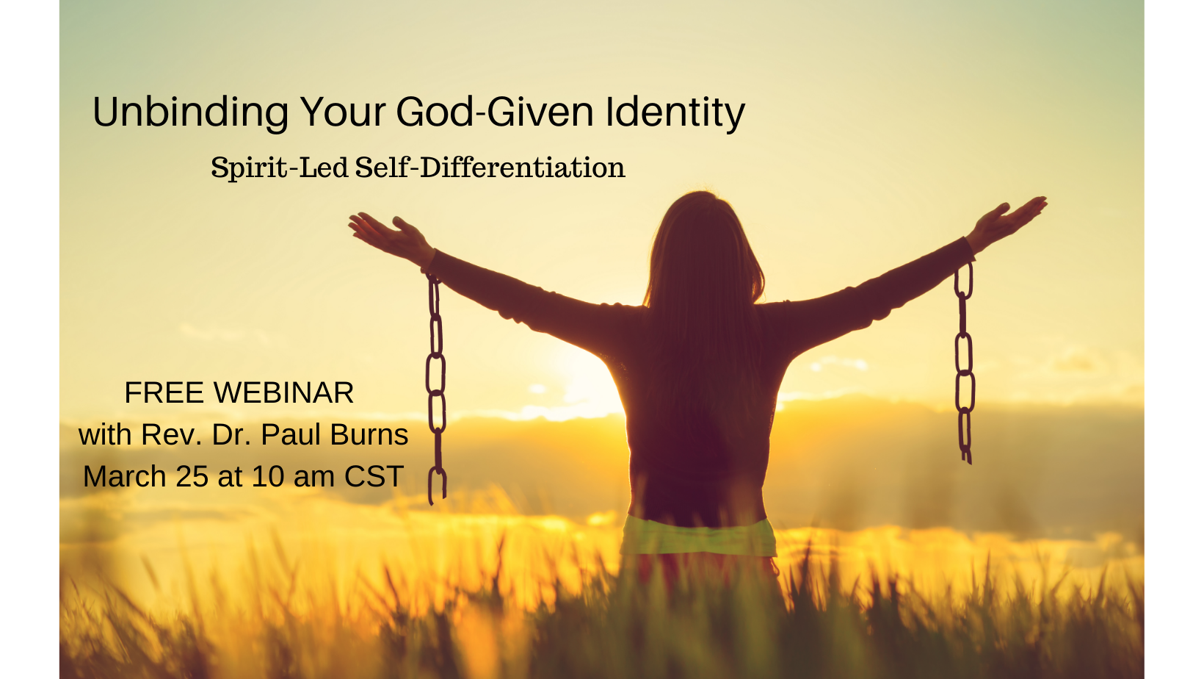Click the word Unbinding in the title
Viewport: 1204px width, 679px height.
(190, 112)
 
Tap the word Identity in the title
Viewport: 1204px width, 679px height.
(675, 112)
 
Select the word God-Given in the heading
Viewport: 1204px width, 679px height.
(495, 112)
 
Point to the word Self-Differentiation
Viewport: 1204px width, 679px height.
(490, 168)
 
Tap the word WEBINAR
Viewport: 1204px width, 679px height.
(284, 392)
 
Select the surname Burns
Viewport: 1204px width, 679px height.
(369, 435)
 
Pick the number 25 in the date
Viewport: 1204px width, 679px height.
(192, 477)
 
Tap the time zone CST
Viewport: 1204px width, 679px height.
(374, 477)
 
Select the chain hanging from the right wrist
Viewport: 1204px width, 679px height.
(964, 363)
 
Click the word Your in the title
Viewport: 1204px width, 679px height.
(342, 112)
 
